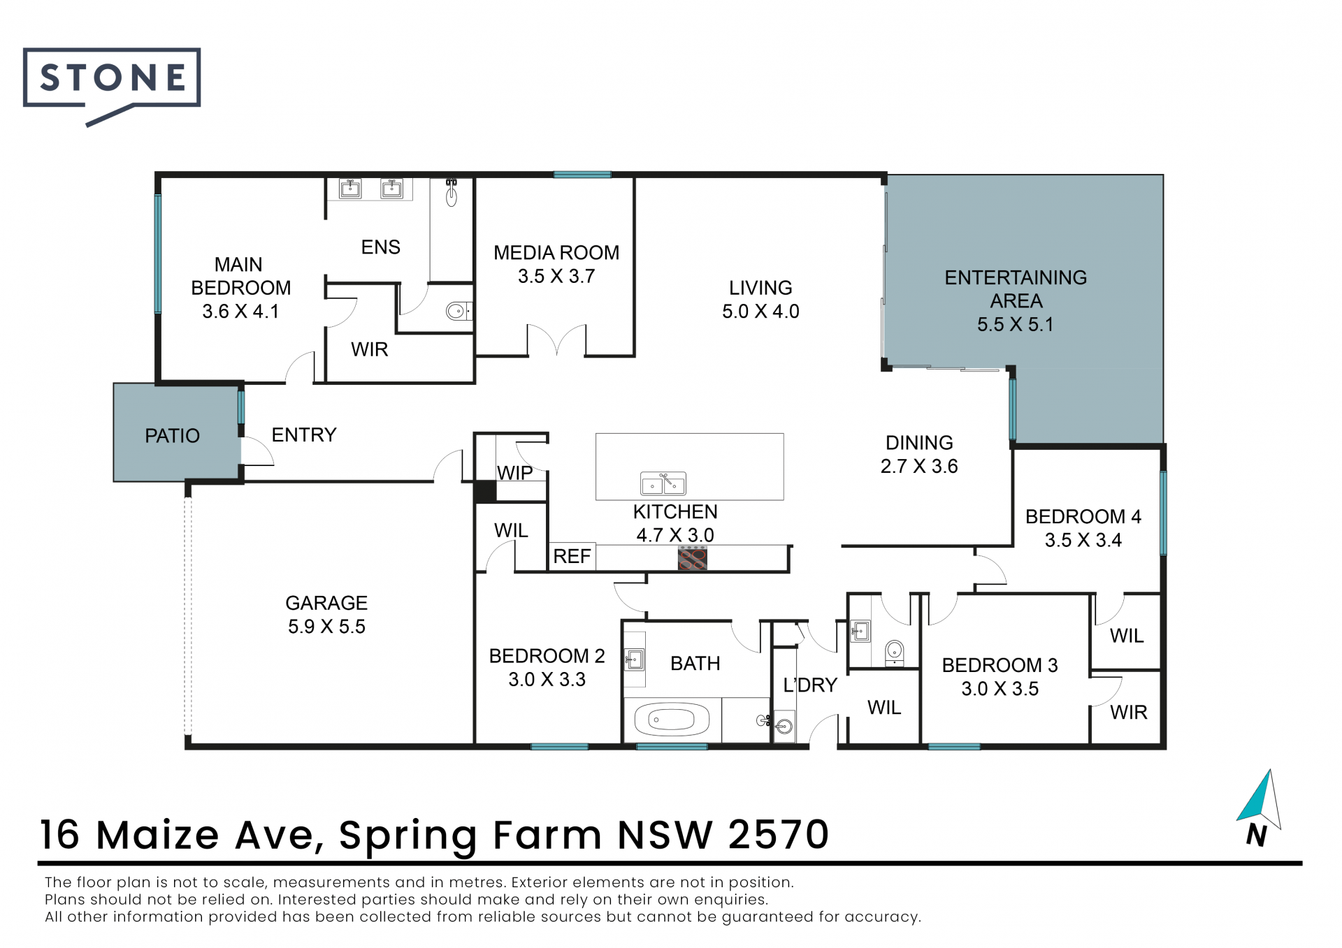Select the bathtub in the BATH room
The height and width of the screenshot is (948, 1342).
pos(671,720)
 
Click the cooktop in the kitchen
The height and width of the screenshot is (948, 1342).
pos(693,559)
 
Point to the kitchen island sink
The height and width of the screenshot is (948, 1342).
pos(663,483)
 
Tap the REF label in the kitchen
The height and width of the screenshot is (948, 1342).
pos(572,557)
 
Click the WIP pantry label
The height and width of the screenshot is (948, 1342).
pos(514,473)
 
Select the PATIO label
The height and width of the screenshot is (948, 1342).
pos(172,436)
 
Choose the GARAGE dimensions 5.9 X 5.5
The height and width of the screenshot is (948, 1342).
pos(326,627)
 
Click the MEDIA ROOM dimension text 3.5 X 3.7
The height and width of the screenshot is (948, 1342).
pos(556,277)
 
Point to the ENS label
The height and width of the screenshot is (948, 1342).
pos(381,247)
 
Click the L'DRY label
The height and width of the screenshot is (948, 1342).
pos(810,685)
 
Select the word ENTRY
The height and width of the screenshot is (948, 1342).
pos(304,435)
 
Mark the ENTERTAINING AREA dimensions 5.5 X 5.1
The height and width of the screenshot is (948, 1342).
pos(1016,325)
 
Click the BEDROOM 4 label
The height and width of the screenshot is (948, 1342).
pos(1083,517)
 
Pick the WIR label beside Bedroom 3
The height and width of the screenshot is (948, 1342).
pos(1129,713)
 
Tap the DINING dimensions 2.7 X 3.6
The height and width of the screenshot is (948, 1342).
pos(919,467)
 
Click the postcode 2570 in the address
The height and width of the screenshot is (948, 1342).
pos(779,835)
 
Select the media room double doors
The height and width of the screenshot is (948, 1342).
pos(556,340)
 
